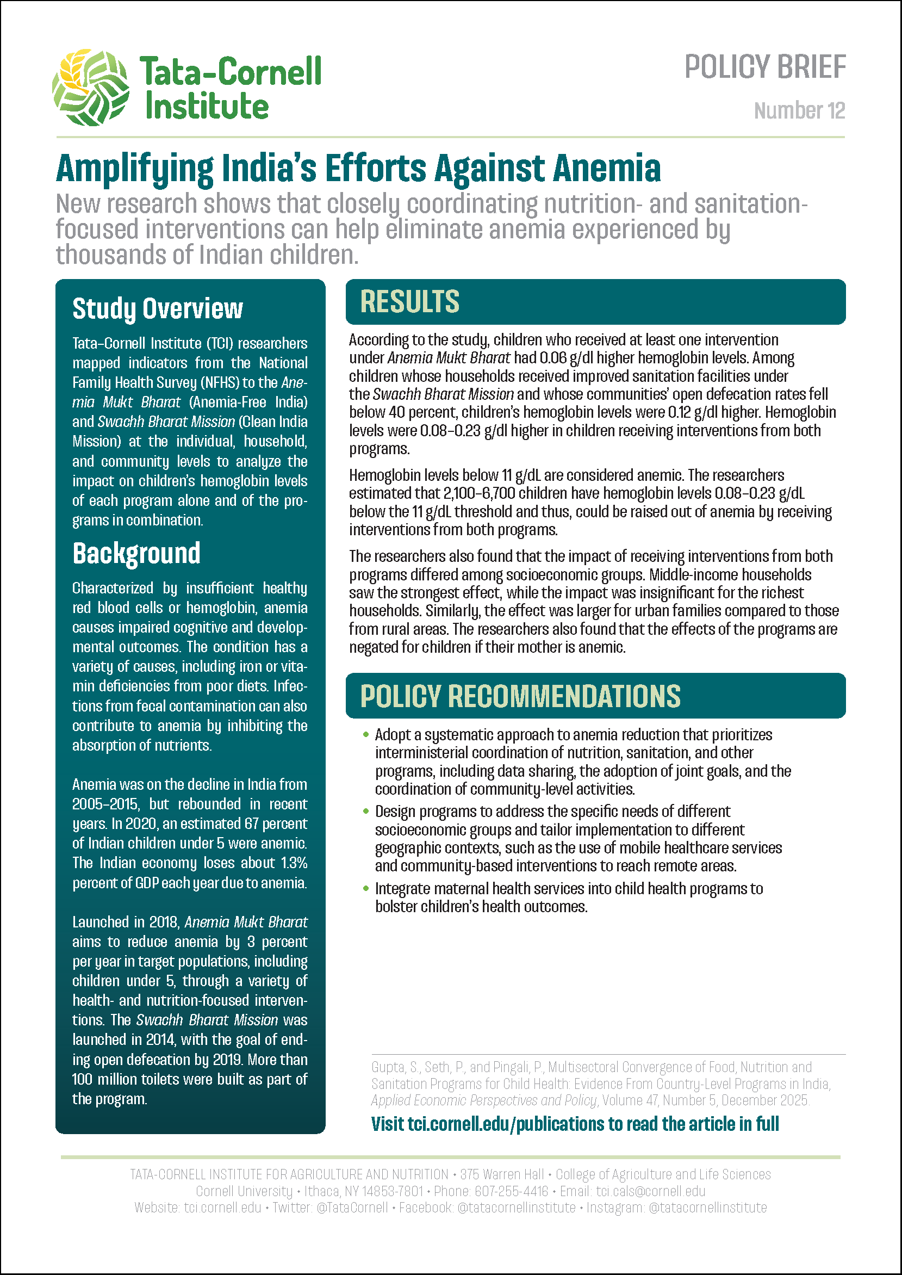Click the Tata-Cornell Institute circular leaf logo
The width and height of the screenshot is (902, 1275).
pos(91,87)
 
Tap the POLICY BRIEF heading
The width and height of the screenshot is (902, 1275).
pos(765,67)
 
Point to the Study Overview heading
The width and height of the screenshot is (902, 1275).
pos(158,308)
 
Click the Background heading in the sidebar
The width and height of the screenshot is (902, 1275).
pos(136,553)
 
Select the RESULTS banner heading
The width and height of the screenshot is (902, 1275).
pos(409,302)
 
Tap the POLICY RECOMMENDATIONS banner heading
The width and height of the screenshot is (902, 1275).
pos(520,696)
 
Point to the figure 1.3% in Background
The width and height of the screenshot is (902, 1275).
pos(294,863)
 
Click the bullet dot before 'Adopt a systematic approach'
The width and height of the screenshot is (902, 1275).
pos(365,735)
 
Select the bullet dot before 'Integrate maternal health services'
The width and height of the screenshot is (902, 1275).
pos(365,889)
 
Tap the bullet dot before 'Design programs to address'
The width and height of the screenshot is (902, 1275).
pos(365,812)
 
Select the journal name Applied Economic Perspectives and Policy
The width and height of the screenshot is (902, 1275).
pos(484,1100)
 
